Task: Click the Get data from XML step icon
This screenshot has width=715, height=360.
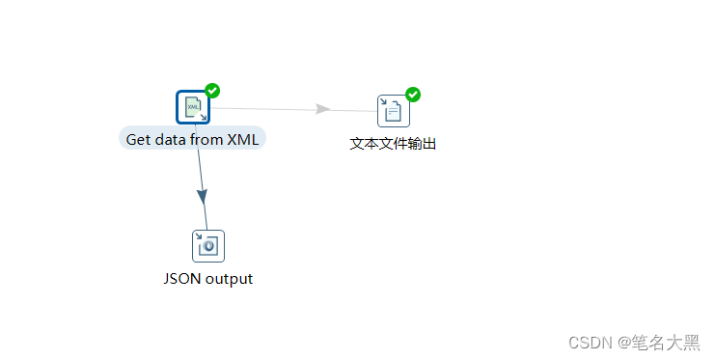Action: click(x=193, y=107)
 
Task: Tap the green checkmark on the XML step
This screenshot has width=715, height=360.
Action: click(x=212, y=91)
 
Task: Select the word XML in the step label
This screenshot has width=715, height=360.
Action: click(x=242, y=139)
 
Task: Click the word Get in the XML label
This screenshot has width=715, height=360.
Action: click(x=139, y=139)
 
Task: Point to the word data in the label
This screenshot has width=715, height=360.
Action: click(x=171, y=139)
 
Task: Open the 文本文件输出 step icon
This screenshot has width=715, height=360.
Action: click(x=393, y=111)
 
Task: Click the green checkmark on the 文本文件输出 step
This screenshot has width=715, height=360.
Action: click(x=413, y=94)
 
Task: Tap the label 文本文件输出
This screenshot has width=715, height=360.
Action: click(x=393, y=144)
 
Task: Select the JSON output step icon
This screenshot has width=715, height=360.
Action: click(x=207, y=246)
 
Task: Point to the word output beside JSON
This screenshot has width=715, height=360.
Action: click(x=230, y=279)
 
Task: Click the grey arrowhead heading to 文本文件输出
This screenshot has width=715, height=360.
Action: click(x=323, y=109)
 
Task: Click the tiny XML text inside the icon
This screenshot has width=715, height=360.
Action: click(x=192, y=104)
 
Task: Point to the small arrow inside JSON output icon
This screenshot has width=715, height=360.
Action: click(x=200, y=237)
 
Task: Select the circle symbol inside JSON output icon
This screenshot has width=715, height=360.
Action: click(x=209, y=248)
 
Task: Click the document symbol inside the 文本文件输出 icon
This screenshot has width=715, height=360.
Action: click(x=395, y=113)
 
